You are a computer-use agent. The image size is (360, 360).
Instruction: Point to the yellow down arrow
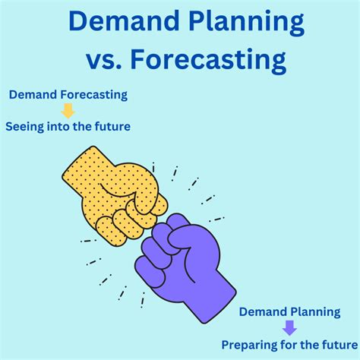coord(68,111)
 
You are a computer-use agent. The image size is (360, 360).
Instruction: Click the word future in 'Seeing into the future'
coord(112,126)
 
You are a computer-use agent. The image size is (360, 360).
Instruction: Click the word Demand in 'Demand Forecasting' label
coord(33,96)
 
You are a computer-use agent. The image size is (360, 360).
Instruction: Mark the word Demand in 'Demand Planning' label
coord(264,311)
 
